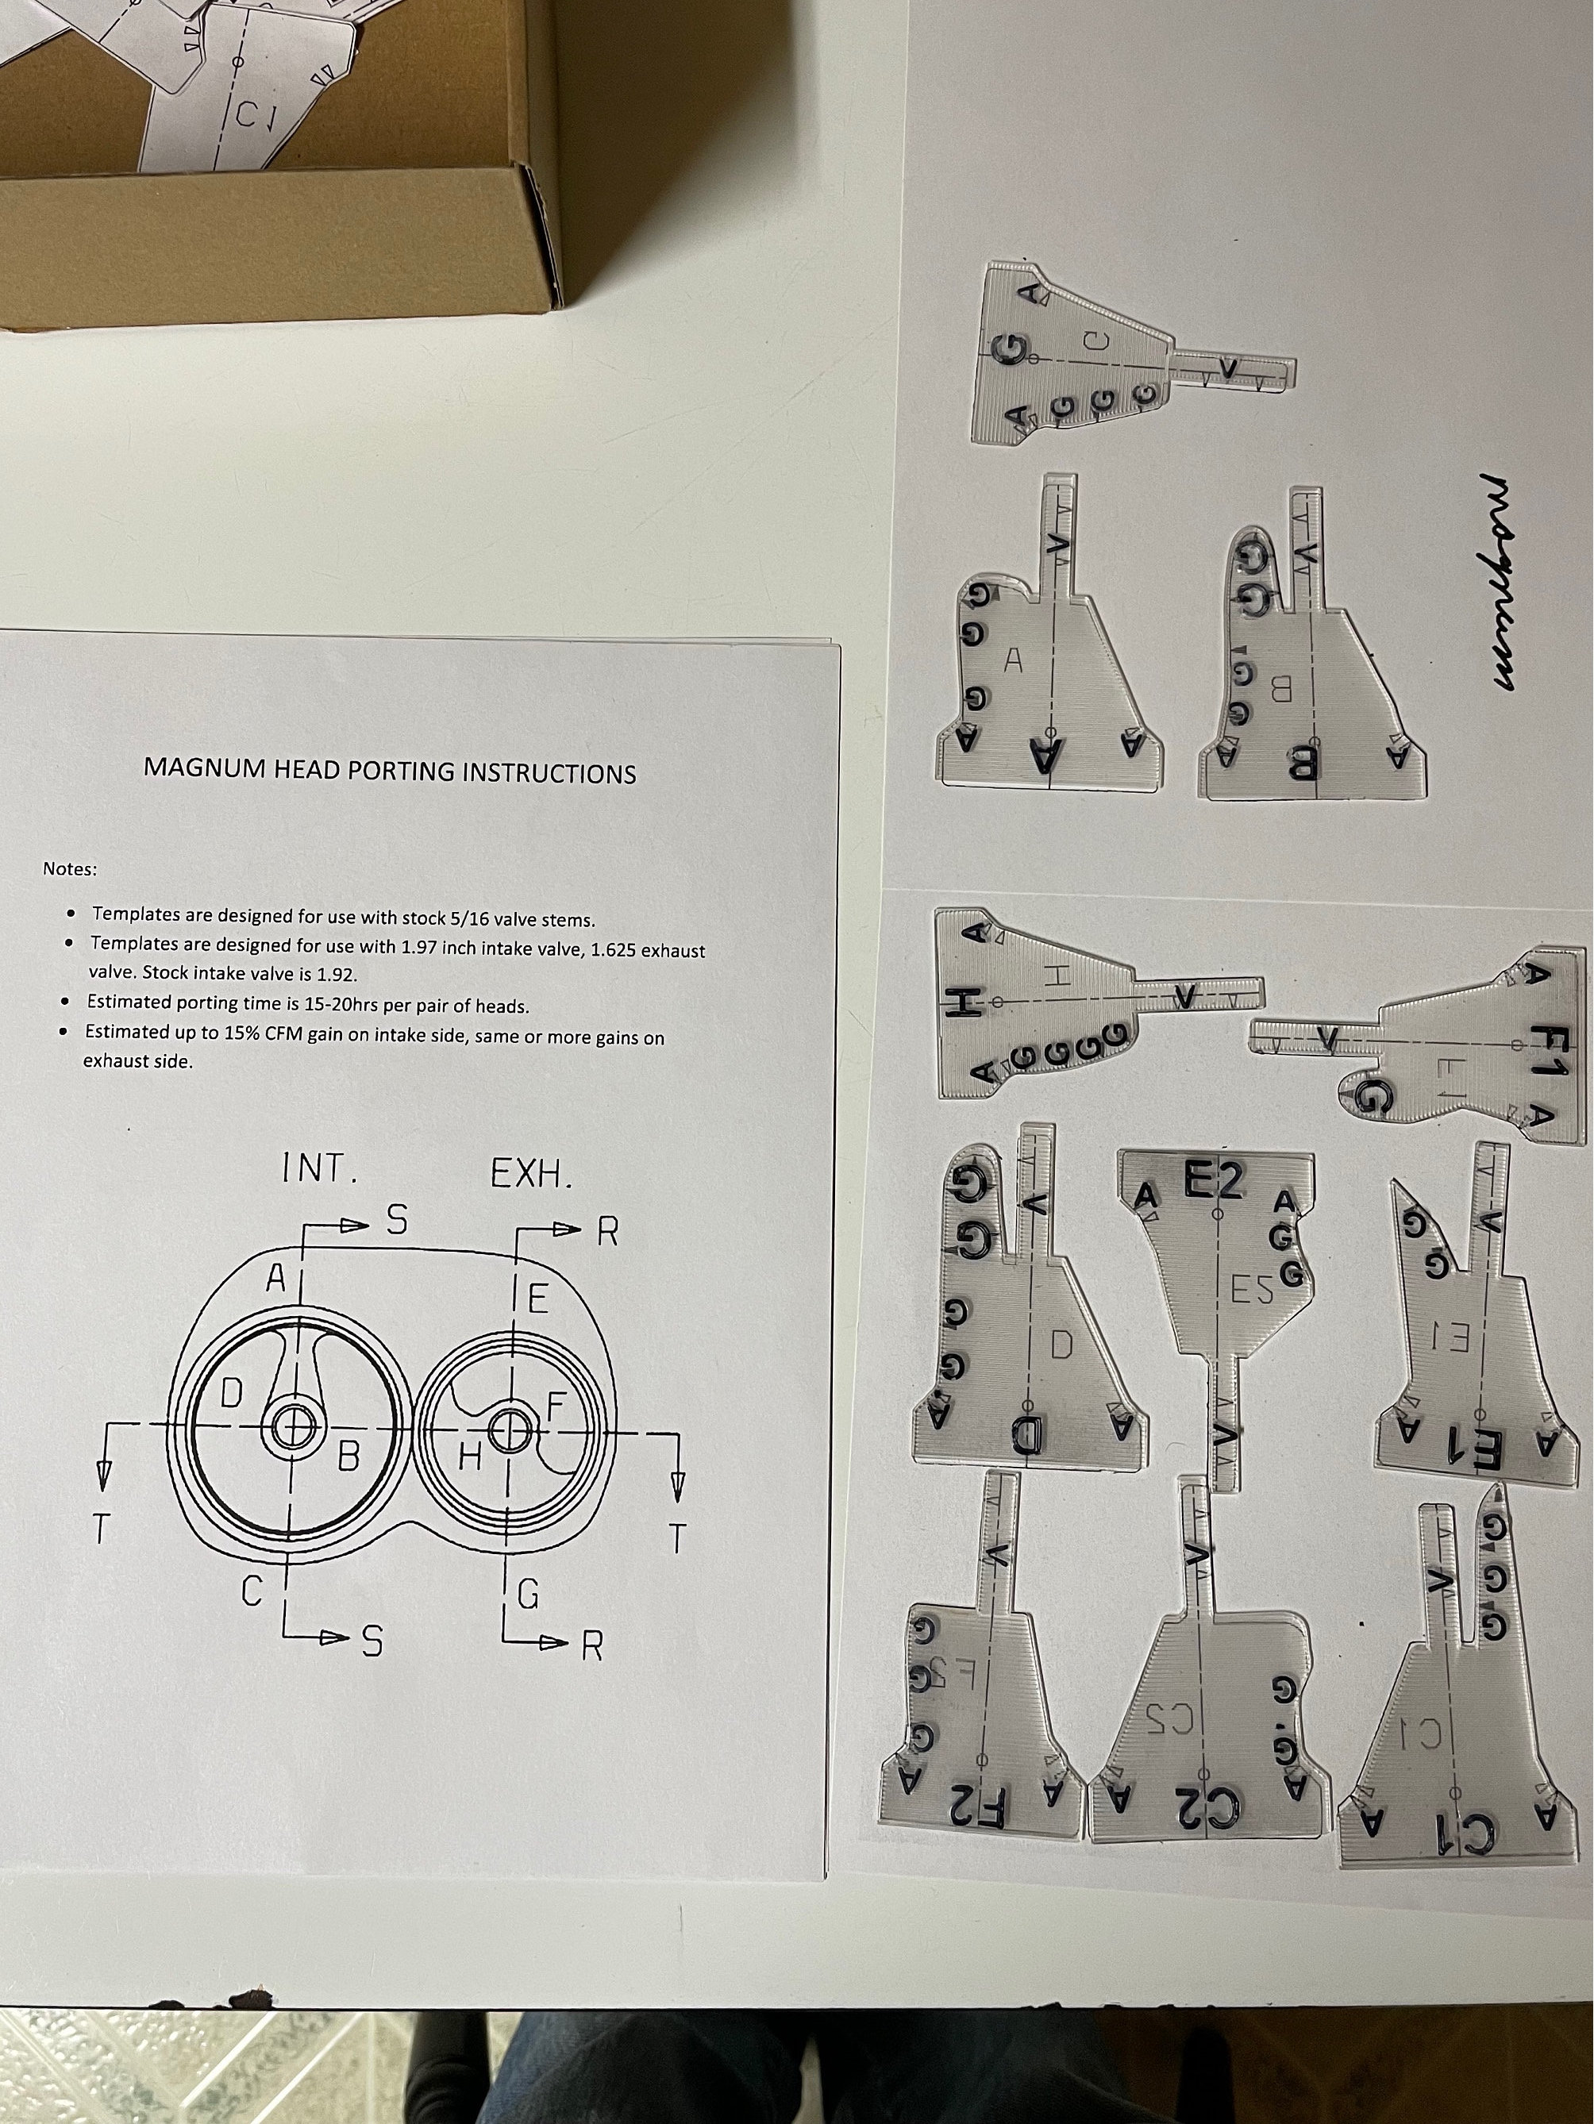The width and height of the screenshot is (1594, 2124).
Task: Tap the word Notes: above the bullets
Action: [x=69, y=869]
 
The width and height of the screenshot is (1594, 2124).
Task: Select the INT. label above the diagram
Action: [x=320, y=1169]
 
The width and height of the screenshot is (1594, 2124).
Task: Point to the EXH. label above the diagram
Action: [x=531, y=1173]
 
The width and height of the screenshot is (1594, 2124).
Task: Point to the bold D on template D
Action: [x=1026, y=1437]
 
